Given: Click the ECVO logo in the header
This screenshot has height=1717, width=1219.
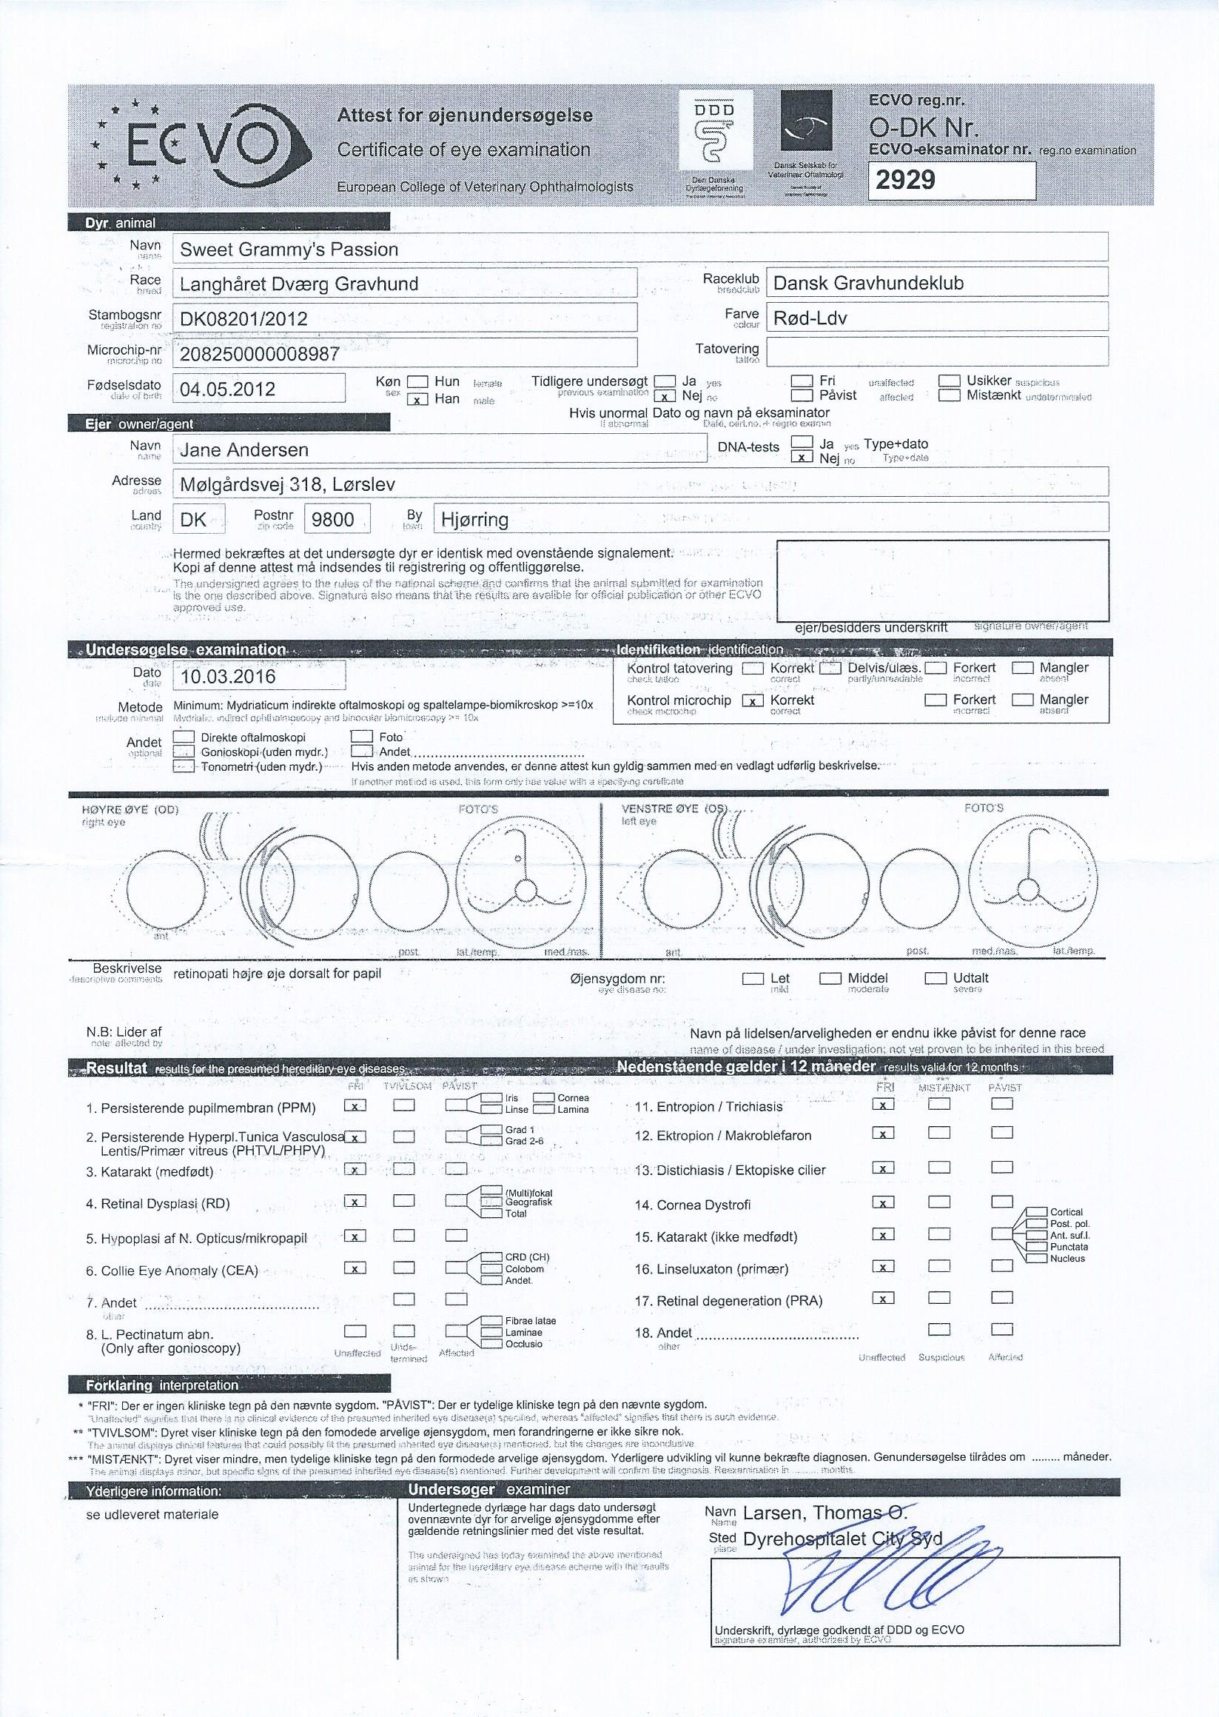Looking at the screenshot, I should coord(201,144).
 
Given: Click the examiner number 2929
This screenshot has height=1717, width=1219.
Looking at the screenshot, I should coord(905,180).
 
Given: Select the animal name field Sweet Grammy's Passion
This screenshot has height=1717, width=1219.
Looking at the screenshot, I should coord(289,250).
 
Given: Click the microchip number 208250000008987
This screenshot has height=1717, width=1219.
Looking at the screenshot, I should coord(260,354).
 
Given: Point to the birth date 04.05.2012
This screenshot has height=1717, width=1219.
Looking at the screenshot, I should coord(228,389).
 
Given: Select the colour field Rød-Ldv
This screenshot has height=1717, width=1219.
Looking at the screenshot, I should coord(810,318).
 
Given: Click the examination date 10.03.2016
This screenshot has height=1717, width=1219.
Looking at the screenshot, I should coord(228,676).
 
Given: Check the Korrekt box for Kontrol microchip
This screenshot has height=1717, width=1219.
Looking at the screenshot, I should coord(751,700).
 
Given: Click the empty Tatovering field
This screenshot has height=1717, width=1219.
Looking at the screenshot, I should coord(936,352).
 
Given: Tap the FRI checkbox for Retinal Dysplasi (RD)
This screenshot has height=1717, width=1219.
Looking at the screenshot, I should coord(355,1201).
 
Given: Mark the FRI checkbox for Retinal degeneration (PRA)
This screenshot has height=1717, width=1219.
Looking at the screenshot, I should coord(884,1298).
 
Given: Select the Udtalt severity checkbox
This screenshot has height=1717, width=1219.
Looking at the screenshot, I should coord(936,979).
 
